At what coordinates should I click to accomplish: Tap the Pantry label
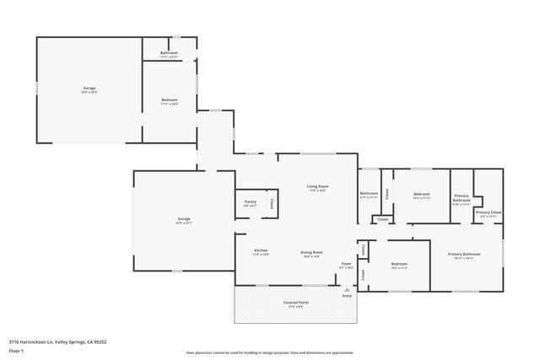tap(250, 201)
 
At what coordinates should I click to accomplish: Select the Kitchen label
tap(262, 250)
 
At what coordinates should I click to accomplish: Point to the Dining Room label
tap(312, 252)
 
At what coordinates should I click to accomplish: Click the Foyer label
tap(346, 264)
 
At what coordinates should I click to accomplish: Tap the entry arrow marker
tap(346, 288)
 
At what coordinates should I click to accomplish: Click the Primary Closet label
tap(489, 213)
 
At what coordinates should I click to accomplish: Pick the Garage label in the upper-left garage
tap(89, 89)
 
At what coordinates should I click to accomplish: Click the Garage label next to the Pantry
tap(183, 219)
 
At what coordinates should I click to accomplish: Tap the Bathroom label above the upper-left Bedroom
tap(170, 53)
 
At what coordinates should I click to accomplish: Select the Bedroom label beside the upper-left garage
tap(170, 100)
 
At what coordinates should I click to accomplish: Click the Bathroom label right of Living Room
tap(369, 193)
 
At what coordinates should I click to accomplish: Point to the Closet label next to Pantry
tap(271, 203)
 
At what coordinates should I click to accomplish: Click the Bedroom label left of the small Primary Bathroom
tap(422, 195)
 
